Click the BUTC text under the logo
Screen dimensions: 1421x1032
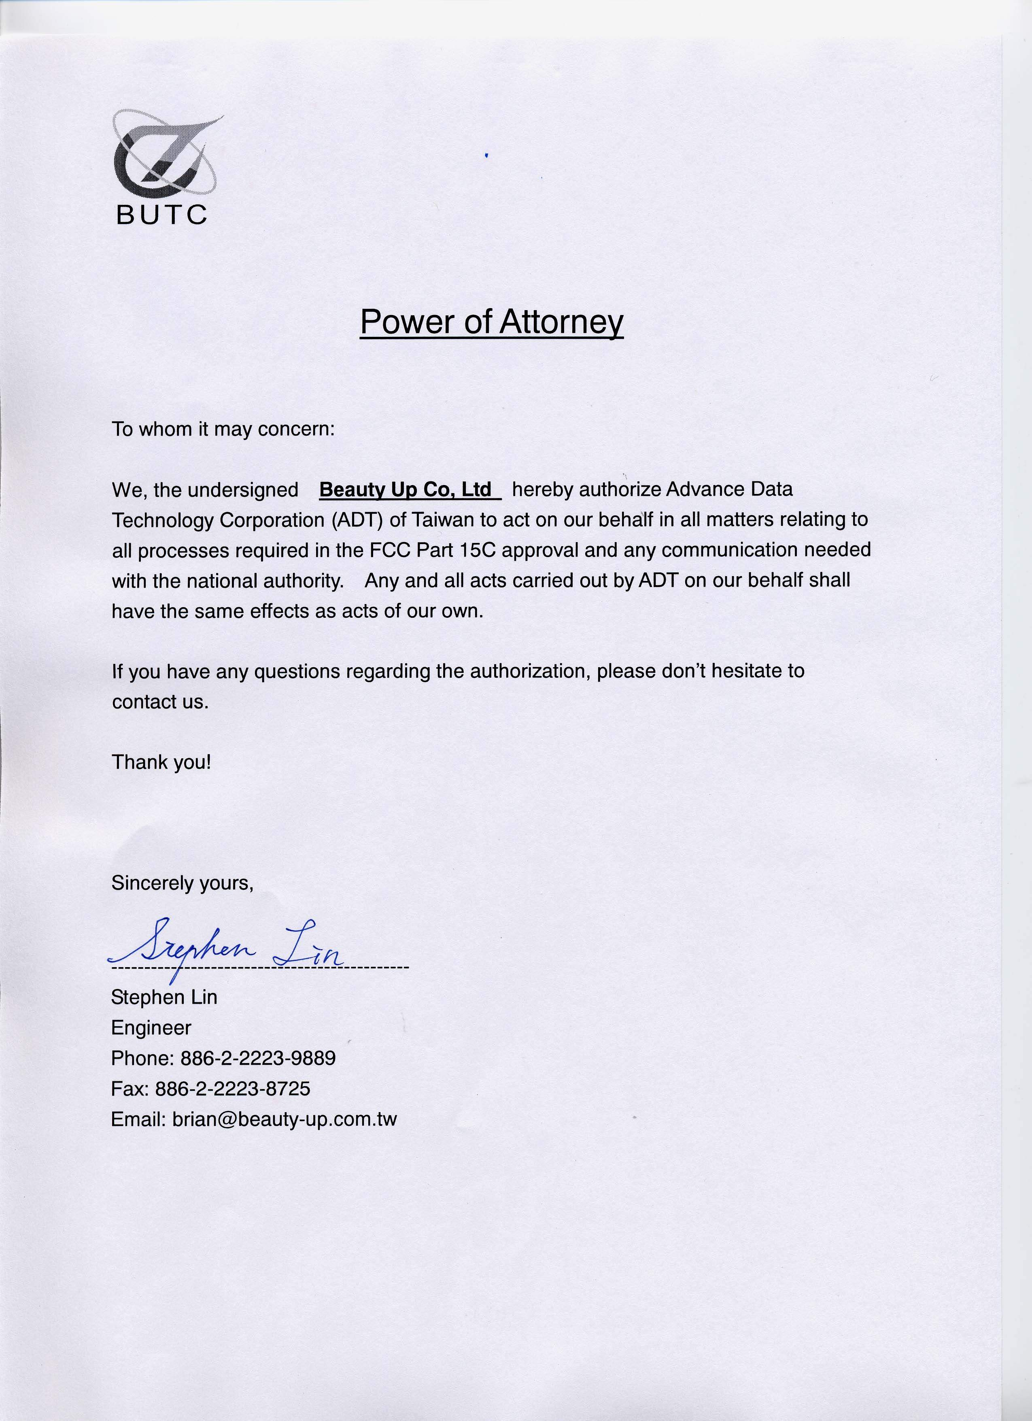coord(161,215)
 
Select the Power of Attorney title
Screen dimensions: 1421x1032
coord(492,322)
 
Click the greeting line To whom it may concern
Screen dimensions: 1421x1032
coord(223,429)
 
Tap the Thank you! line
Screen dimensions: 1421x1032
coord(161,762)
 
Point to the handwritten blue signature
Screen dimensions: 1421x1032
coord(225,952)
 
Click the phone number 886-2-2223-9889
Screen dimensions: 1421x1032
coord(258,1058)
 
